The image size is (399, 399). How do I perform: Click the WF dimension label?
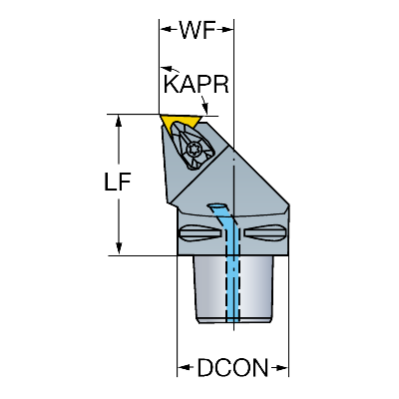tap(199, 30)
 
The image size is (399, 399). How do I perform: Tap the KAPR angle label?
tap(197, 85)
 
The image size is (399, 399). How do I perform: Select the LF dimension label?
tap(118, 182)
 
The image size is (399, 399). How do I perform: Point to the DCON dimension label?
tap(232, 368)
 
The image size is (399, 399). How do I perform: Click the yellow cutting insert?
tap(180, 124)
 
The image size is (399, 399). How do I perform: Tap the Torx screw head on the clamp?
tap(193, 149)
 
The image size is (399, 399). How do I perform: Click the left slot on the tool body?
tap(199, 233)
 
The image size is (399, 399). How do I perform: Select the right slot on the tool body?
tap(264, 232)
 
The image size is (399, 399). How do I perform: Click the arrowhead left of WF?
tap(169, 30)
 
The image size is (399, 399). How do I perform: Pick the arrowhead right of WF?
tap(225, 30)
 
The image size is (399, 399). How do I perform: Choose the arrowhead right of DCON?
tap(279, 368)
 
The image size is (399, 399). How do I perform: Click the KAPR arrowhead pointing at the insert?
tap(205, 108)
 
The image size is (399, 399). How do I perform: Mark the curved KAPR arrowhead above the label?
tap(168, 69)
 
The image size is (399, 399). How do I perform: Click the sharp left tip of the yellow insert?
tap(160, 116)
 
